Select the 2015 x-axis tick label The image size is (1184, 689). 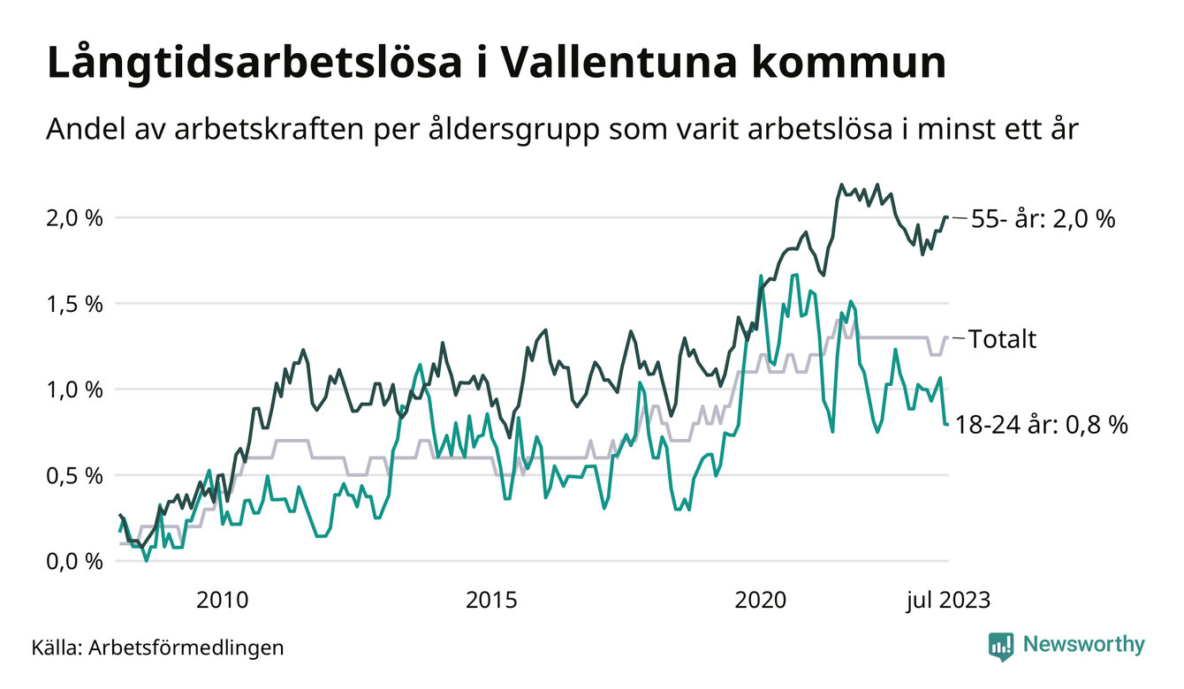click(x=490, y=600)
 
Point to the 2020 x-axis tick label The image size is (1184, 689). click(x=760, y=600)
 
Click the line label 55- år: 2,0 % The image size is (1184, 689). click(x=1043, y=219)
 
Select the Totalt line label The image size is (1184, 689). click(x=1002, y=339)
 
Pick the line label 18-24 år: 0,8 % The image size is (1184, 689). click(x=1042, y=425)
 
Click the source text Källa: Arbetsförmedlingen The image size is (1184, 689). click(x=157, y=647)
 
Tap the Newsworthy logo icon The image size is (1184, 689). click(x=1001, y=646)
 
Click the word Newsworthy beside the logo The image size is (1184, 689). click(x=1083, y=645)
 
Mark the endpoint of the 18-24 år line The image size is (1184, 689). click(x=947, y=425)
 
